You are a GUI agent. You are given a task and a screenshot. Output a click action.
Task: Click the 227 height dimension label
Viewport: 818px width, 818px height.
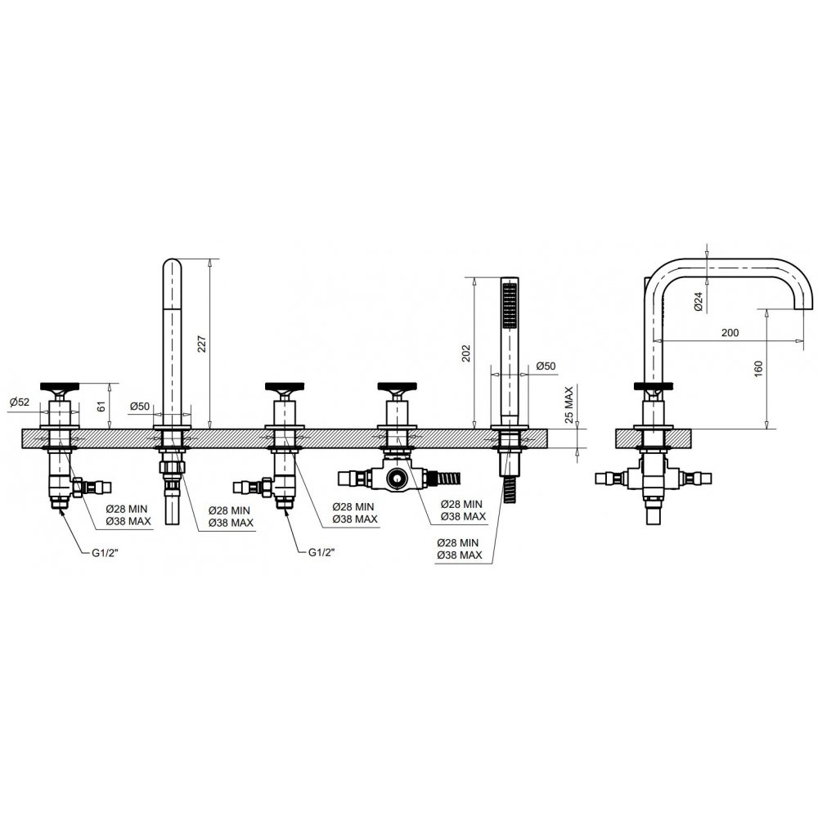(x=202, y=344)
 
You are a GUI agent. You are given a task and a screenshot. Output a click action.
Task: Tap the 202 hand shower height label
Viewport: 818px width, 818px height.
(x=466, y=353)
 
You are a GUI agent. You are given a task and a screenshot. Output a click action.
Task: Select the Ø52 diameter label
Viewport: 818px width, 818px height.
(x=20, y=402)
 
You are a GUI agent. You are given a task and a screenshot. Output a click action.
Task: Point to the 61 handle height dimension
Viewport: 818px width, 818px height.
(x=102, y=404)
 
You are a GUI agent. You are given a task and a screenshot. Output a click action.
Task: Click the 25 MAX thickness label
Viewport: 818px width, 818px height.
(x=569, y=405)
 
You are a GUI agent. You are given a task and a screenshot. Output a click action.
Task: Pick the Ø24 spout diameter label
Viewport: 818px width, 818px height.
(x=699, y=302)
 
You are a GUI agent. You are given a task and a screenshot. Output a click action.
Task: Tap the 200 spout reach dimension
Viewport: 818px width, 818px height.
(x=730, y=332)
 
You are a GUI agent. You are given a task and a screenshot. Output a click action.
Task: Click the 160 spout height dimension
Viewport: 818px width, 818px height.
(x=758, y=369)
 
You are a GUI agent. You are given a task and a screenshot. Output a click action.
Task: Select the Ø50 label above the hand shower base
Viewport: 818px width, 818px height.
(x=546, y=366)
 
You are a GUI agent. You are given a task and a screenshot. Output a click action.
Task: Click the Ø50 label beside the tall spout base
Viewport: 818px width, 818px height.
(x=139, y=406)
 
